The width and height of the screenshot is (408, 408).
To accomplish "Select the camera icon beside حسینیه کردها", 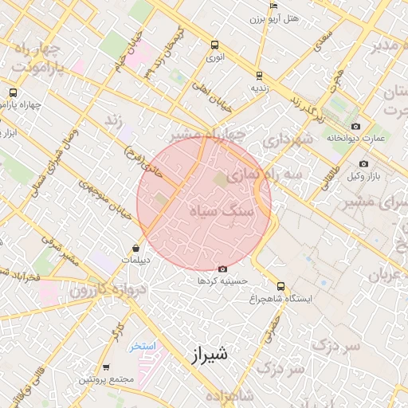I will tap(222, 269).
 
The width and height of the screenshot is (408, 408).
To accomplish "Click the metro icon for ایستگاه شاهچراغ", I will tap(280, 286).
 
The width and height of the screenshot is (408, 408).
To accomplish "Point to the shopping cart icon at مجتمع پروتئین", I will tap(106, 367).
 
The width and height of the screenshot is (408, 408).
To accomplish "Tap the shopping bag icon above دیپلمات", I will tap(137, 247).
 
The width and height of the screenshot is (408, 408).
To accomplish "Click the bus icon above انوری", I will tap(214, 45).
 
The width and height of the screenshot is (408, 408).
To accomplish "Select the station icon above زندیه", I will tap(259, 75).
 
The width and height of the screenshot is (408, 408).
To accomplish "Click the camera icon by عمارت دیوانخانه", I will tap(355, 126).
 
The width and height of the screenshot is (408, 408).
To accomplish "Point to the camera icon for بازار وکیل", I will tap(363, 164).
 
